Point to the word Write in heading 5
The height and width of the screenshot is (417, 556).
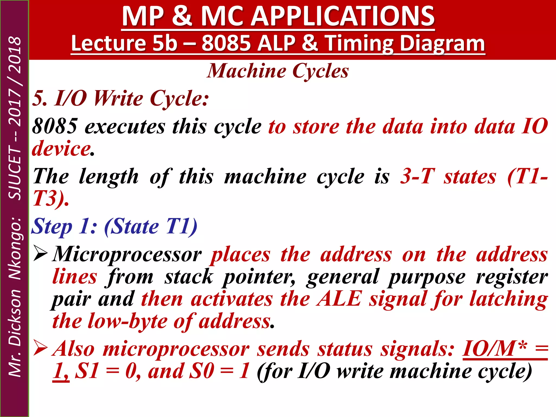118,98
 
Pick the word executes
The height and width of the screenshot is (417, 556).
125,127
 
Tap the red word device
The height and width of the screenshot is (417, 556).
61,149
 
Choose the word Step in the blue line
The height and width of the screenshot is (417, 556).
52,227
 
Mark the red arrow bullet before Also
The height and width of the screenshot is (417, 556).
40,348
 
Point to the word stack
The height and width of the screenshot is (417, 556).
189,277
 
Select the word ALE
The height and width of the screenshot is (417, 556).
339,299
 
